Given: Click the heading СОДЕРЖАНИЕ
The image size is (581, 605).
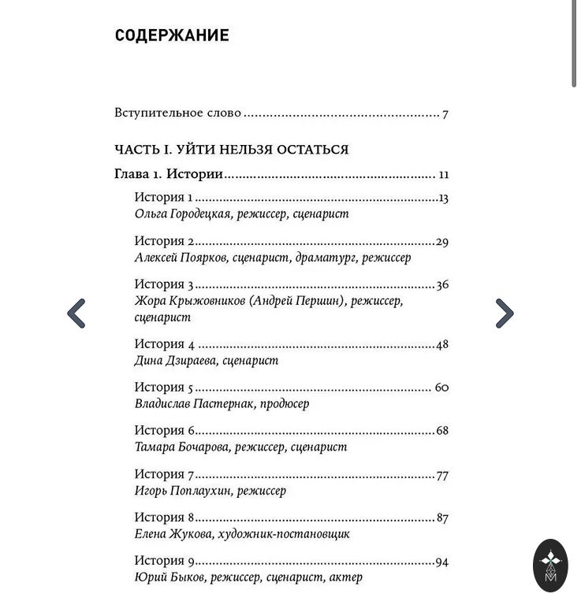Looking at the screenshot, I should point(172,35).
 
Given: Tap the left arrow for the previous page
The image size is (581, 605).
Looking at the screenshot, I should point(76,314).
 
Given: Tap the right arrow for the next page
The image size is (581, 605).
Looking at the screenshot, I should point(505,314).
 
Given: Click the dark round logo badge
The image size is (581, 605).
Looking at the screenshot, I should point(549,566).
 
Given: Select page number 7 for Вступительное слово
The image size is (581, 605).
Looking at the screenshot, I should point(445,114).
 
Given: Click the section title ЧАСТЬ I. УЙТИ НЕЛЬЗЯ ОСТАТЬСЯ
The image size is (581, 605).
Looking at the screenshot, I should point(232,150).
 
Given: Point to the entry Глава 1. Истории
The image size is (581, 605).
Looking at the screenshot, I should point(169,175).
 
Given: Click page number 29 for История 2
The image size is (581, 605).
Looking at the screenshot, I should point(441,242).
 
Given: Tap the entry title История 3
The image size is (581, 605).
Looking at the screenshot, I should point(164,284).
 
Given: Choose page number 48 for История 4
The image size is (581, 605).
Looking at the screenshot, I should point(441,344).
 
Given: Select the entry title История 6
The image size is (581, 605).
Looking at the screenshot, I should point(164,431).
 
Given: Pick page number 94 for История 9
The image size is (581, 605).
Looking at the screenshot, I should point(441,562).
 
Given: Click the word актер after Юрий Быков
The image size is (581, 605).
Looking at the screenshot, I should point(346,577).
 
